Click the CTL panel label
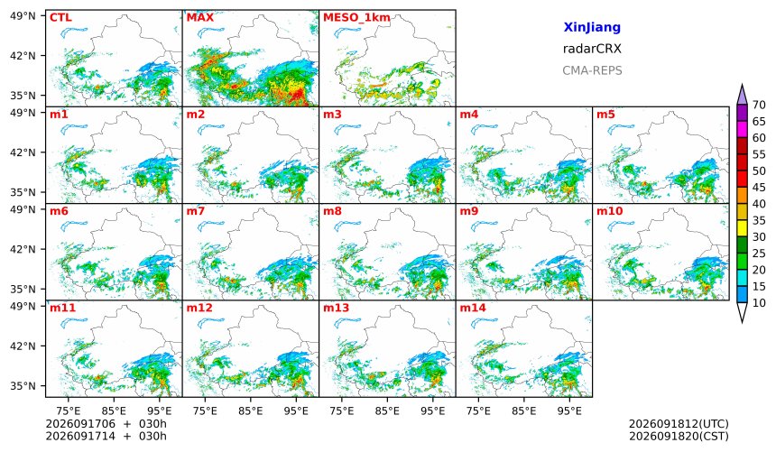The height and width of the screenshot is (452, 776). (60, 18)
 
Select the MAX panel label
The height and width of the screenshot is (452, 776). (200, 18)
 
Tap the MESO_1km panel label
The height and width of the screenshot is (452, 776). (356, 18)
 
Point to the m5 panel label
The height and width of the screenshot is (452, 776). (605, 115)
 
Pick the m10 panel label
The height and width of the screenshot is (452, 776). (610, 211)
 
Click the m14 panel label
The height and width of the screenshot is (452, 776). (473, 308)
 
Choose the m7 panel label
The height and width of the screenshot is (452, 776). (196, 211)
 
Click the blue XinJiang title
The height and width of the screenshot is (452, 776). (592, 27)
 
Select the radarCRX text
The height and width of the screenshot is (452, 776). (592, 49)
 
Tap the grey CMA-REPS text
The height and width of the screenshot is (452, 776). (592, 70)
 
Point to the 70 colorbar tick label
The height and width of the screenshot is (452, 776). (759, 105)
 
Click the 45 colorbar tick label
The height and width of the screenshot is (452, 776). (759, 187)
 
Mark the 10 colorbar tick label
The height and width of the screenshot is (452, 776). (759, 303)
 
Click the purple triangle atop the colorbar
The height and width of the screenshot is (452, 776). (742, 96)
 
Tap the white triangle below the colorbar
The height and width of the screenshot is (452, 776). (742, 311)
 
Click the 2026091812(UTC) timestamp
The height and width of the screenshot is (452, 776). (679, 424)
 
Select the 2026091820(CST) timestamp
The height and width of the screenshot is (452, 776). (679, 436)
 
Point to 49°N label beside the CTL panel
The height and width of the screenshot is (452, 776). (23, 16)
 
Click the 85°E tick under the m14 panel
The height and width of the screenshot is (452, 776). (524, 410)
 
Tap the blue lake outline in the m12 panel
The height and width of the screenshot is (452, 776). (210, 324)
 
